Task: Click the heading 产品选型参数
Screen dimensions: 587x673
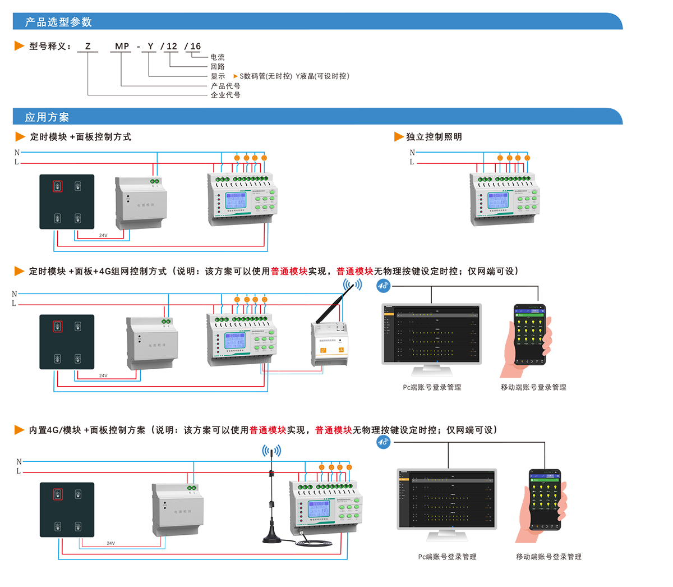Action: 58,22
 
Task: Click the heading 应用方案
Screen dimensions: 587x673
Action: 47,117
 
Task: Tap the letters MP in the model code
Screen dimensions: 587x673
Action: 122,47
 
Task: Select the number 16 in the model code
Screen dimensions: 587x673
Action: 195,47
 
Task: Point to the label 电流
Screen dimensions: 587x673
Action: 218,57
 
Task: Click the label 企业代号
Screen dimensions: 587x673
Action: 225,95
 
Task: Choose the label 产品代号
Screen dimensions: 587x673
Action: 225,86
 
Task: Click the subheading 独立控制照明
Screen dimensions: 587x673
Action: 434,137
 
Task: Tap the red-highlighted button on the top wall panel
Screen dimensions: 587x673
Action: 57,186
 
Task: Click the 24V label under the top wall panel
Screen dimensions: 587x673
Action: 103,235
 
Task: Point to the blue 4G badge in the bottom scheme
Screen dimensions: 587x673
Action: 383,442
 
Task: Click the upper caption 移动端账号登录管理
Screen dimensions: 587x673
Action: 533,387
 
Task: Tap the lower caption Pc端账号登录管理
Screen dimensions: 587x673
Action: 447,557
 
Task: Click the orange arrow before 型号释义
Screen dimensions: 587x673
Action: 19,46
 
